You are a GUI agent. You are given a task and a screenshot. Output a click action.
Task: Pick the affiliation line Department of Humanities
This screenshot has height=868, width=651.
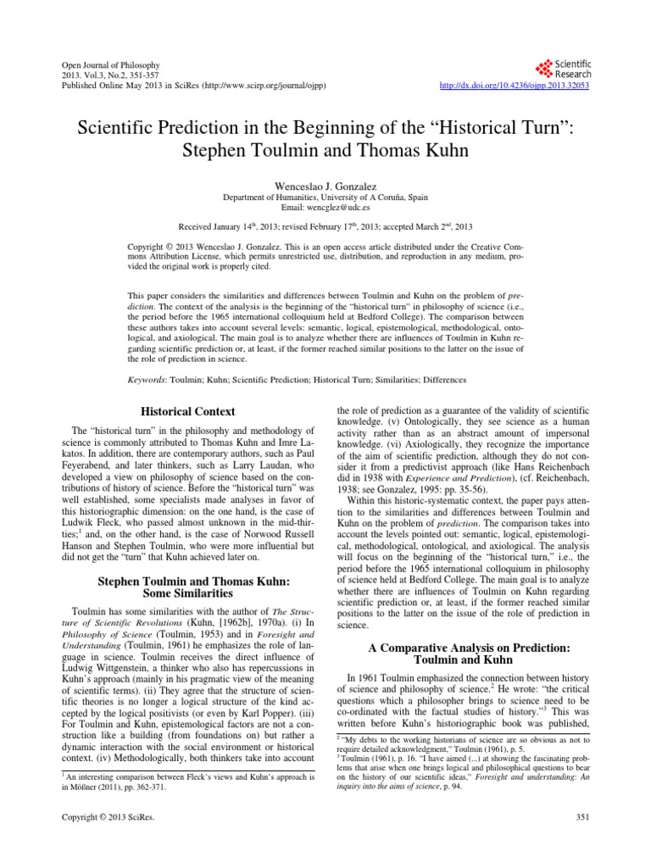point(325,197)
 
